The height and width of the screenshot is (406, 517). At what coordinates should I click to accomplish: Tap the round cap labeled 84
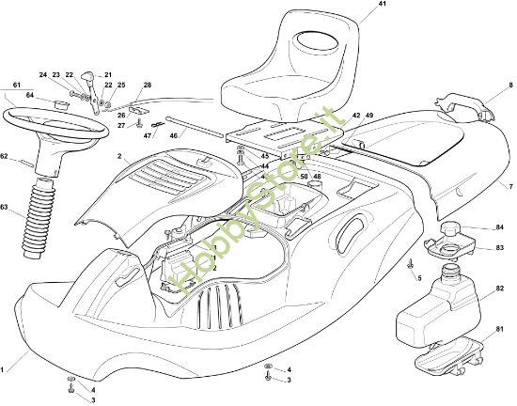click(x=454, y=227)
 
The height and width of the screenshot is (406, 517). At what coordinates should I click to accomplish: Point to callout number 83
click(x=499, y=248)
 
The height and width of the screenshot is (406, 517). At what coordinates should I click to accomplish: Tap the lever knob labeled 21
click(x=87, y=76)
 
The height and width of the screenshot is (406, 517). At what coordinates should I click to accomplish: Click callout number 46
click(x=175, y=135)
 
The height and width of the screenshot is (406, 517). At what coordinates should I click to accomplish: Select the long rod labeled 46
click(x=197, y=127)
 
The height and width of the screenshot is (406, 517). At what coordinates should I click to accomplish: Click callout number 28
click(x=147, y=86)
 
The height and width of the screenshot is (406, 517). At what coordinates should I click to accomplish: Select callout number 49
click(x=369, y=115)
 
